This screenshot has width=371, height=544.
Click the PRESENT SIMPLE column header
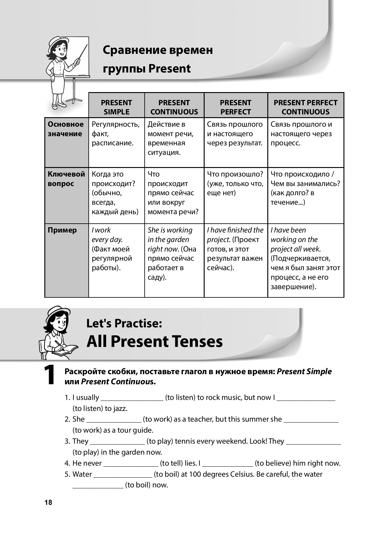pyautogui.click(x=117, y=107)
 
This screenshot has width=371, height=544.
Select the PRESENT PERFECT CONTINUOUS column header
pyautogui.click(x=306, y=107)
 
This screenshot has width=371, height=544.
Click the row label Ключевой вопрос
pyautogui.click(x=66, y=179)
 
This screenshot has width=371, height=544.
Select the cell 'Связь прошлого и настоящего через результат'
pyautogui.click(x=235, y=134)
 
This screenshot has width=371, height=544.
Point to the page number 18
pyautogui.click(x=48, y=502)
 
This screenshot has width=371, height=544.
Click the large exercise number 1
pyautogui.click(x=50, y=375)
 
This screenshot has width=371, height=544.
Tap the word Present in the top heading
pyautogui.click(x=169, y=69)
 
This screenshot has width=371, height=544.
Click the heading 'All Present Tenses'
pyautogui.click(x=154, y=341)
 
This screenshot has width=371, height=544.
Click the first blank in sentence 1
pyautogui.click(x=132, y=398)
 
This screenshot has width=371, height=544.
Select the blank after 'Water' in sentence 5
pyautogui.click(x=123, y=475)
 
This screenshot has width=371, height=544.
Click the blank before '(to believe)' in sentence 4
pyautogui.click(x=228, y=464)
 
